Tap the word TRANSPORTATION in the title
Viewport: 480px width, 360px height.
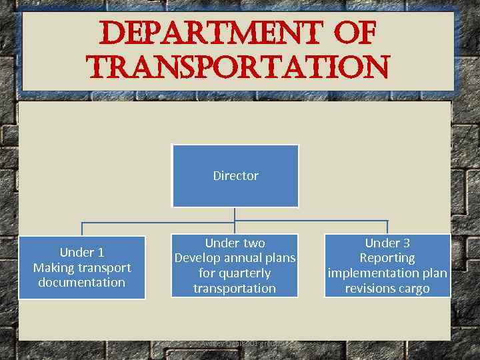point(237,67)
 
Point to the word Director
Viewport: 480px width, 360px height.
point(235,176)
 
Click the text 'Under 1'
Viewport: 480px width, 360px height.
point(82,252)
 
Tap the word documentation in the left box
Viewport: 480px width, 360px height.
point(82,283)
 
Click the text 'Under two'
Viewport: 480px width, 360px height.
point(235,243)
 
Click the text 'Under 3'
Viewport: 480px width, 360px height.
point(387,243)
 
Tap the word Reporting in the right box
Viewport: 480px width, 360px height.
point(387,258)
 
